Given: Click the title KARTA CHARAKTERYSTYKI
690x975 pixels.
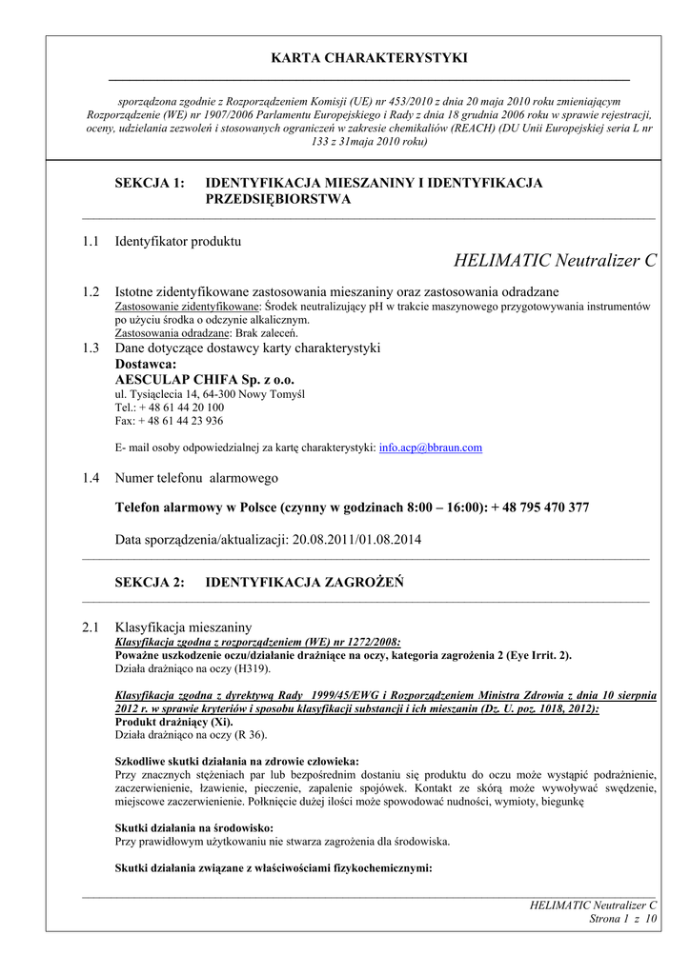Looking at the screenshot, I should point(370,58).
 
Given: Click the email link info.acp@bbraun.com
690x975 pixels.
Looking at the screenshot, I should point(431,448).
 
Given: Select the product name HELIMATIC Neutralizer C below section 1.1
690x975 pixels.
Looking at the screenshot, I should point(556,261).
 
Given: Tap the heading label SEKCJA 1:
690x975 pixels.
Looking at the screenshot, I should point(150,183).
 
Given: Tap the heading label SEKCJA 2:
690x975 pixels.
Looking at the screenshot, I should point(150,583).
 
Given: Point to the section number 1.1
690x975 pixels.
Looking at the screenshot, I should point(91,242).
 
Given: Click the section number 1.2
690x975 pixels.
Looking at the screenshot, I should point(91,291).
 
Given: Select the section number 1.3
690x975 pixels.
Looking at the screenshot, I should point(91,348).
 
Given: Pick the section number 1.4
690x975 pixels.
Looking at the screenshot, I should point(91,478).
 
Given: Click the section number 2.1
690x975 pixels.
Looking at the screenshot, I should point(91,627).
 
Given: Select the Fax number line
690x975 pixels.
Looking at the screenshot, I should point(170,421).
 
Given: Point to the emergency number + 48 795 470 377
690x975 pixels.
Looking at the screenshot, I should point(540,508).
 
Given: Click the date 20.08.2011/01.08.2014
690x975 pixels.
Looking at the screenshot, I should point(355,540).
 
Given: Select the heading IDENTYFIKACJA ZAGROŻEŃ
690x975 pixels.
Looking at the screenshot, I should point(304,583).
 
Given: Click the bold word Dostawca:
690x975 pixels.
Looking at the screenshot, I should point(146,364).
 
